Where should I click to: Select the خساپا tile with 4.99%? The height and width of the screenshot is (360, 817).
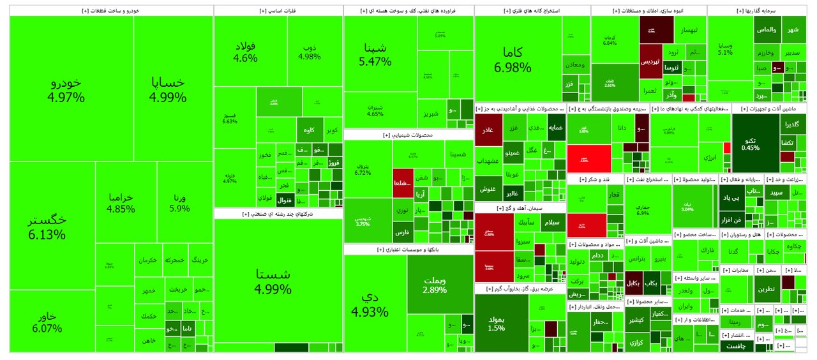(168, 90)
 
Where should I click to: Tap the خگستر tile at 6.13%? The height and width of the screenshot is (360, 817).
(47, 227)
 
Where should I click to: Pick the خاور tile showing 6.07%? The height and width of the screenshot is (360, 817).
(43, 322)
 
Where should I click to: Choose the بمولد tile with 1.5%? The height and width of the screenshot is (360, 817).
(496, 323)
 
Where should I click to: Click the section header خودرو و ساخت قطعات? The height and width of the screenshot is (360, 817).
(112, 11)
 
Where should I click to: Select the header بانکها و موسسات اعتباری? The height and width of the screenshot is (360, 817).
(408, 250)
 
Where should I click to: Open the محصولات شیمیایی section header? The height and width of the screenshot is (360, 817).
(408, 135)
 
